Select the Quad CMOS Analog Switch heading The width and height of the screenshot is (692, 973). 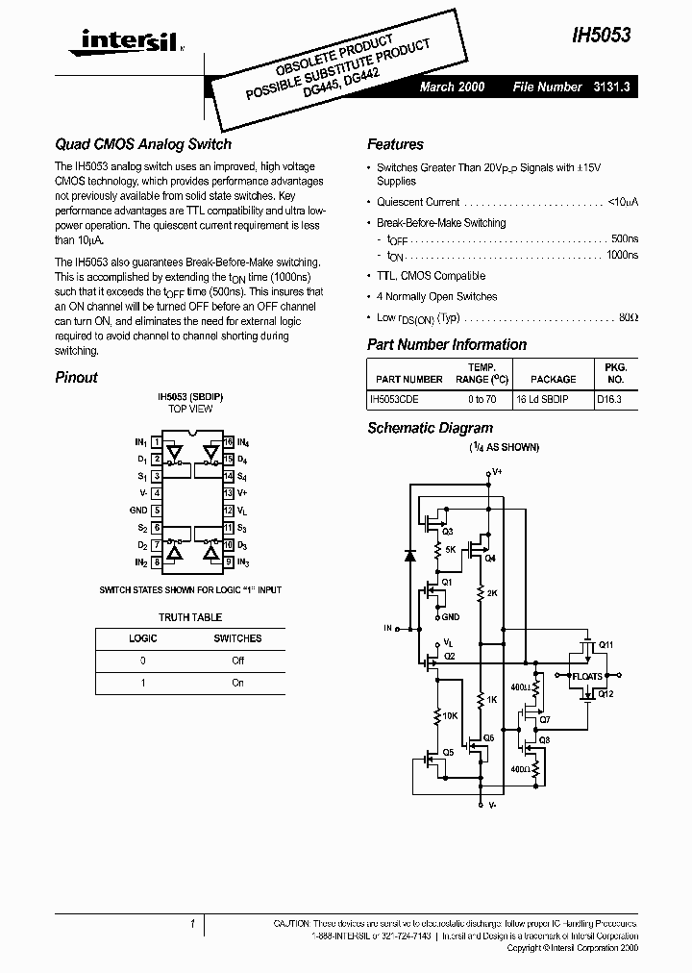point(143,144)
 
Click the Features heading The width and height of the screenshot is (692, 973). point(395,144)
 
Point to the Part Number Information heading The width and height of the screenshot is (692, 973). point(447,344)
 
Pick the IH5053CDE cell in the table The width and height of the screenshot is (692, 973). point(394,398)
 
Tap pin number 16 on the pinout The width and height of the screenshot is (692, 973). point(228,442)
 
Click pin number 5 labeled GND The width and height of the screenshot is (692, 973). point(157,510)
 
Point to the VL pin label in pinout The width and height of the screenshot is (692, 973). point(242,510)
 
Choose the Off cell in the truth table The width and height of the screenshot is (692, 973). point(238,661)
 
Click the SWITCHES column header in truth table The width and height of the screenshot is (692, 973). point(237,638)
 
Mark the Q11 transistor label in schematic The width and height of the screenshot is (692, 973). point(605,644)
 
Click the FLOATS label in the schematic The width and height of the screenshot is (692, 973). point(587,676)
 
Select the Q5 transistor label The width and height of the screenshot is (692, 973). point(448,752)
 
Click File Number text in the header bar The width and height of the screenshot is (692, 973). point(547,87)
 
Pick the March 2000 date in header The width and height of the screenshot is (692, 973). point(452,87)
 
